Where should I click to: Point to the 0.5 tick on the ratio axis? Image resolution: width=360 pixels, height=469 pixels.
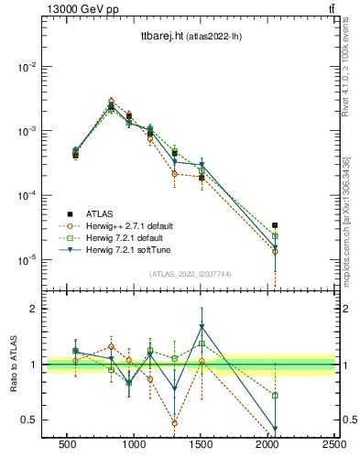click(30, 420)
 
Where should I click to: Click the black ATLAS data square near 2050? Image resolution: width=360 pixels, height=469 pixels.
click(275, 225)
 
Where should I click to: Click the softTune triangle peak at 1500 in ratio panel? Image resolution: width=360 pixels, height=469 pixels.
click(202, 327)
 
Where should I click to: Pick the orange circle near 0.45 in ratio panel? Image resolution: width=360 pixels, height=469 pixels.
click(174, 423)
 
